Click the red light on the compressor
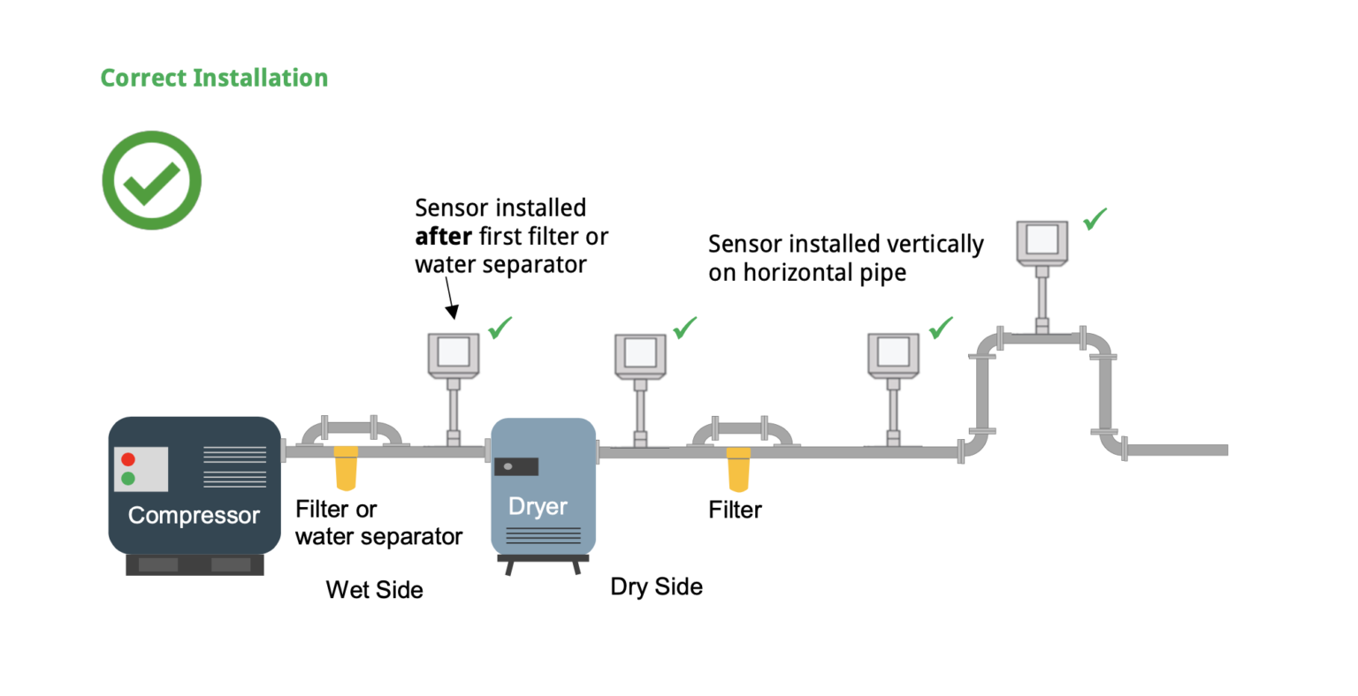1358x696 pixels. coord(128,459)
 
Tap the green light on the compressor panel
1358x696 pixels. coord(128,479)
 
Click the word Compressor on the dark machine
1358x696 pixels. coord(194,516)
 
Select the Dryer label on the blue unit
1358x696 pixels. coord(538,506)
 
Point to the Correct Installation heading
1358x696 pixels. coord(214,78)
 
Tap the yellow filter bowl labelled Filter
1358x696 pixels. coord(738,470)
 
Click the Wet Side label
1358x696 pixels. coord(374,589)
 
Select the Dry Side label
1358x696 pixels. coord(657,587)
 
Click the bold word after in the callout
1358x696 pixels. coord(443,236)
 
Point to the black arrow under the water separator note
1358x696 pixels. coord(450,298)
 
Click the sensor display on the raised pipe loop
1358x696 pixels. coord(1042,240)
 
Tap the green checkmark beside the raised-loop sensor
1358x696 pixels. coord(1095,219)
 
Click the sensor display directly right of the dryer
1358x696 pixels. coord(640,354)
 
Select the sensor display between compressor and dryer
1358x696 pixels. coord(454,354)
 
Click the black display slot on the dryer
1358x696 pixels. coord(516,466)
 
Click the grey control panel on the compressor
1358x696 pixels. coord(141,470)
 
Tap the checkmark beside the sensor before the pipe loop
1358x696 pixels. coord(941,328)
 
